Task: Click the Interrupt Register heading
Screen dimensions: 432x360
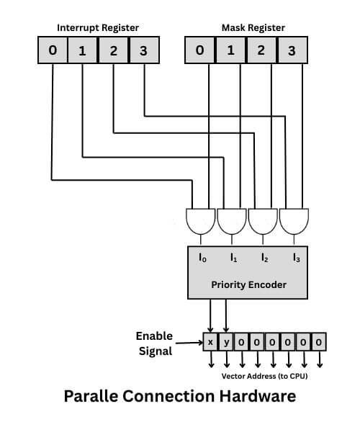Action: point(99,27)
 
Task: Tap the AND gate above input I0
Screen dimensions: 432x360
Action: point(200,221)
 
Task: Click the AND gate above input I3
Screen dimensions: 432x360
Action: point(294,221)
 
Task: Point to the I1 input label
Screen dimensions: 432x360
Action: point(233,257)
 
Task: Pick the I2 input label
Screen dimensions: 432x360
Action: point(264,257)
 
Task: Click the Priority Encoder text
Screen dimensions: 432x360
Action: point(248,284)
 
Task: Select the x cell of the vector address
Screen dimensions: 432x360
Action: point(210,341)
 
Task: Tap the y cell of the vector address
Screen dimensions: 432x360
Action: point(226,341)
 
